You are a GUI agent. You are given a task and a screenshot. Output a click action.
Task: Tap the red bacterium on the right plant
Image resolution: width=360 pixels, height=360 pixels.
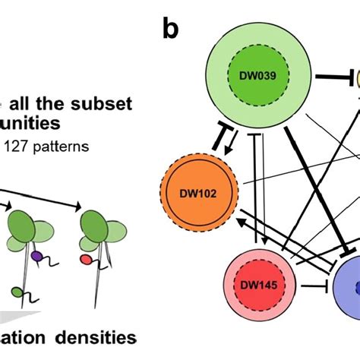(86, 259)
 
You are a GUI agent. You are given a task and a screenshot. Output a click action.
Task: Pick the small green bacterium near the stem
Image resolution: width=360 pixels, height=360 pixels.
(17, 291)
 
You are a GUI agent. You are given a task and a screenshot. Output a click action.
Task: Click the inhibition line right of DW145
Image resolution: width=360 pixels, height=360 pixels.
(305, 287)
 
